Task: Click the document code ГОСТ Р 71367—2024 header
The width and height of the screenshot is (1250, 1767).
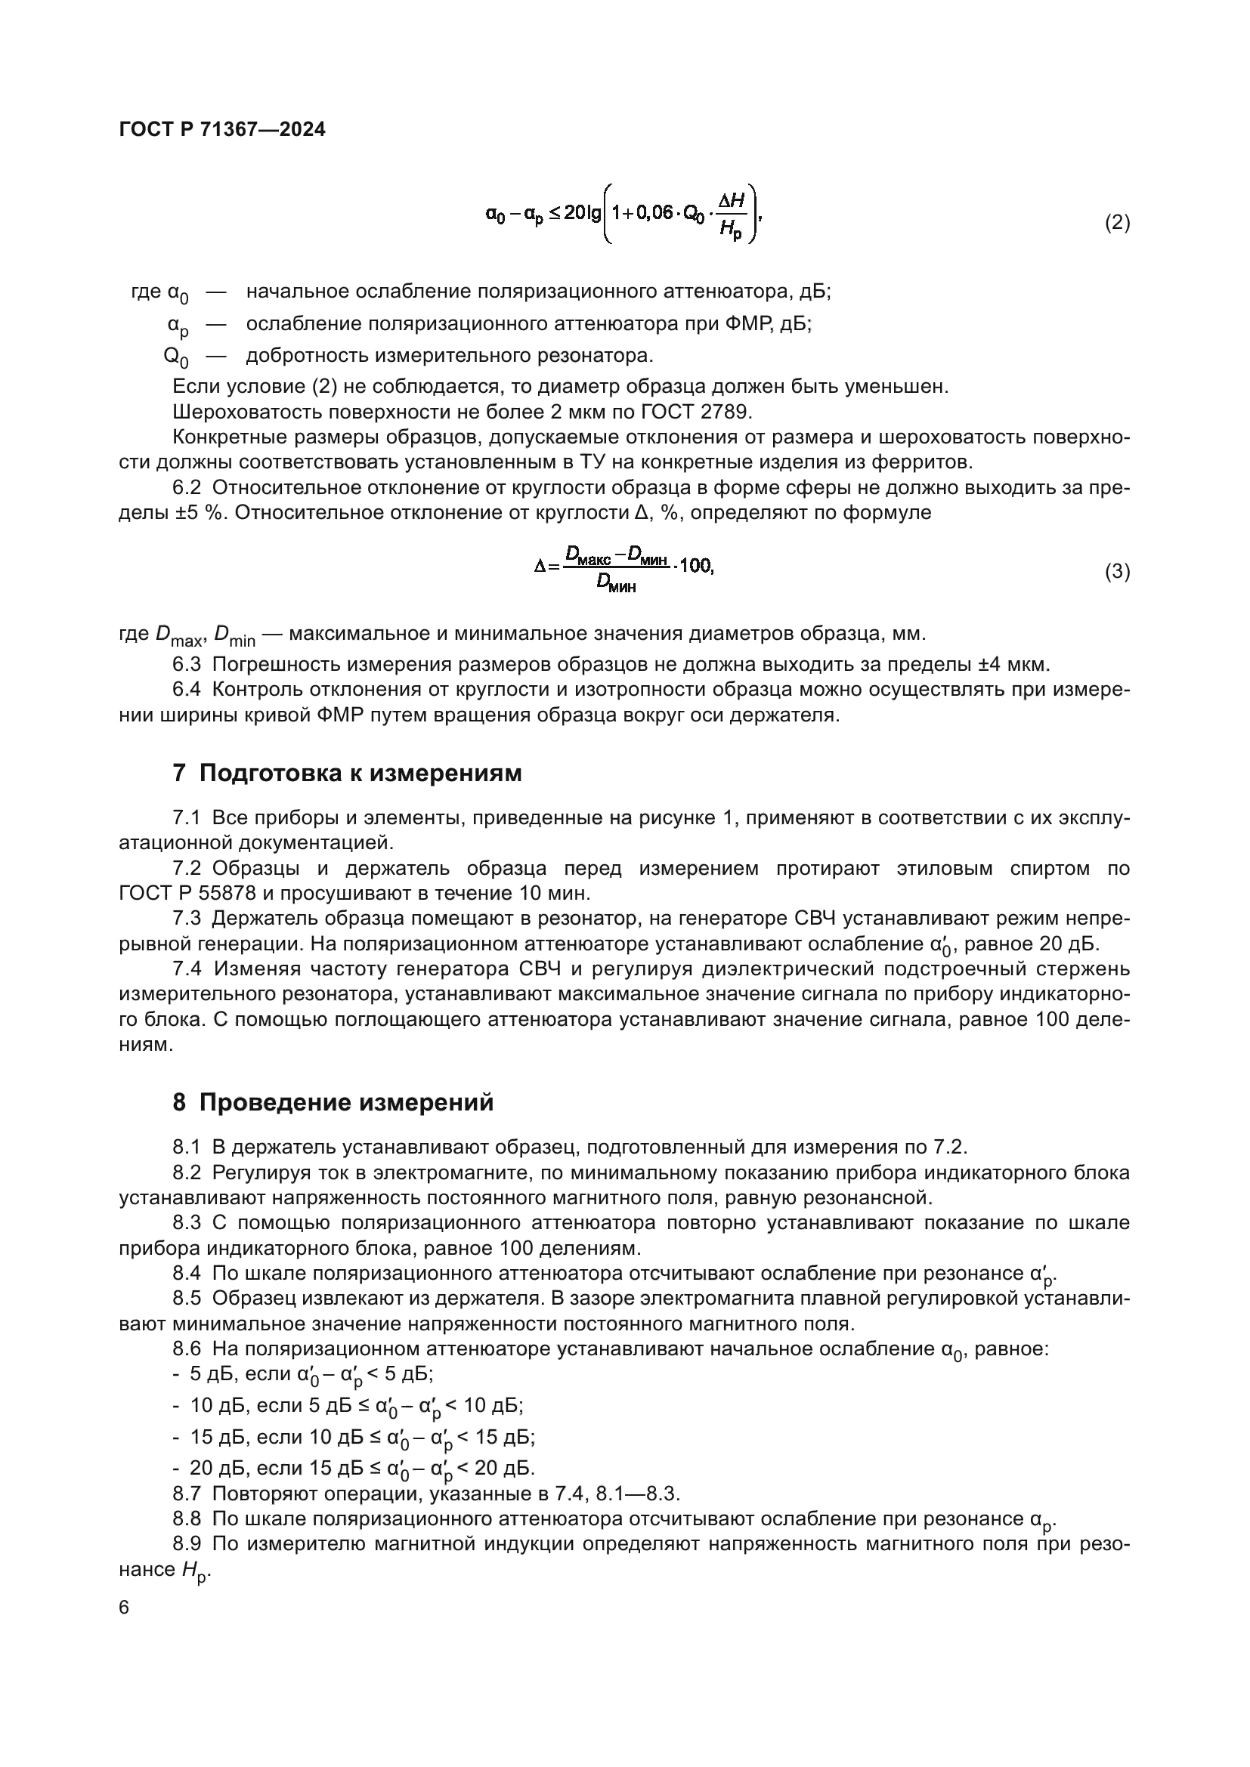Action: click(222, 129)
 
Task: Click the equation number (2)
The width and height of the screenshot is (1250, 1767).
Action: click(1117, 223)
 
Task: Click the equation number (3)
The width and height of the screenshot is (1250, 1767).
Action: click(1117, 572)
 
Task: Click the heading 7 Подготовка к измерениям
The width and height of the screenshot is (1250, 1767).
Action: click(347, 774)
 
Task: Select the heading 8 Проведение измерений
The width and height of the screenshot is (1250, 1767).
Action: click(333, 1103)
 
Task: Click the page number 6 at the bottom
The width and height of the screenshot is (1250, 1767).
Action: click(124, 1608)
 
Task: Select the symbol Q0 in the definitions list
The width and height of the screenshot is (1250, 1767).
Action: click(176, 357)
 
